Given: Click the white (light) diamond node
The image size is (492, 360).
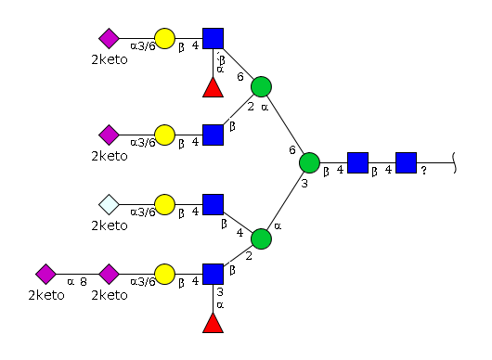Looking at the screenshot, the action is coord(109,205).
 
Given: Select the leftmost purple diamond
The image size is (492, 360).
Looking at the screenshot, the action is coord(45,274).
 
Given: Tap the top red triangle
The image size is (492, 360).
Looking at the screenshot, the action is coord(214,87).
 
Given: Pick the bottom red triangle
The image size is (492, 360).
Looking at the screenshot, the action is coord(214,323).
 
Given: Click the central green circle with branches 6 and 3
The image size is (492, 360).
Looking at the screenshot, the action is coord(309,162).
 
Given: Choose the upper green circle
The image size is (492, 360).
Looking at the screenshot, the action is coord(261,86).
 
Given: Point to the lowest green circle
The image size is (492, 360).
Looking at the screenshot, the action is coord(261,239).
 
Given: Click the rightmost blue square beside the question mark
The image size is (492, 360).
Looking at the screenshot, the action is coord(406,162).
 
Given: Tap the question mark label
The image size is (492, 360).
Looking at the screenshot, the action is coord(423,171).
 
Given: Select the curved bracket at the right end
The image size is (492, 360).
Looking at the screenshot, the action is coord(455,162).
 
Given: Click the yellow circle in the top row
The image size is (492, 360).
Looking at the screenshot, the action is coord(164,39).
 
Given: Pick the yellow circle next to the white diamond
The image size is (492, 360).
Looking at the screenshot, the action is coord(164,205).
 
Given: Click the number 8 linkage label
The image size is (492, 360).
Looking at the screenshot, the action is coord(84,282).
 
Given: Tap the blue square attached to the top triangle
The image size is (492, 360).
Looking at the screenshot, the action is coord(214,39).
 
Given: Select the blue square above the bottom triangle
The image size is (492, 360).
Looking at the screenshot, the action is coord(214,274).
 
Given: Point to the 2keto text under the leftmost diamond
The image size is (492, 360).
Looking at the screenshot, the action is coord(46,295).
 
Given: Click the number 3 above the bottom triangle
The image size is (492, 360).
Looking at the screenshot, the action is coord(220,292).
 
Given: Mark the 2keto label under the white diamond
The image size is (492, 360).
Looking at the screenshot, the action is coord(110,225).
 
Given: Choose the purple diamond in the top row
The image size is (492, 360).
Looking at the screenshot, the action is coord(109,39).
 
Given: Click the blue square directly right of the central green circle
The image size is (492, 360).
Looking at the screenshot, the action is coord(357,162).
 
